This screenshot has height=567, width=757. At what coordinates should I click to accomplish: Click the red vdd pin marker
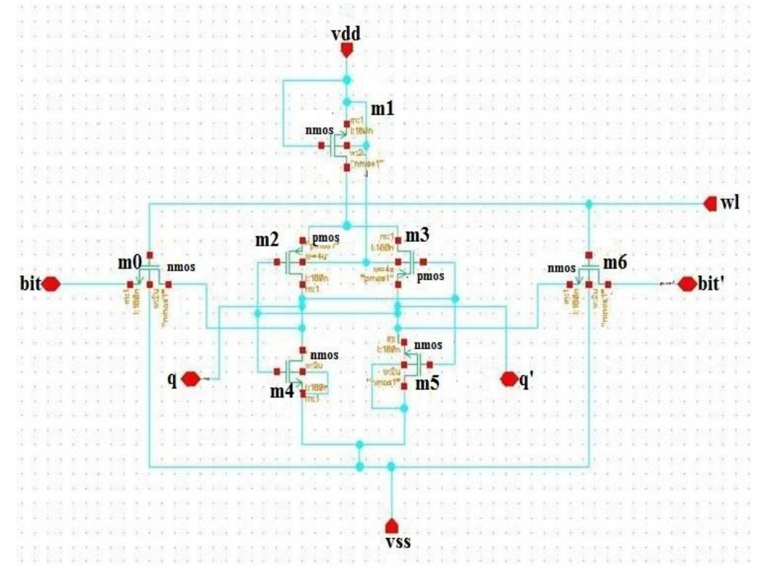(x=346, y=49)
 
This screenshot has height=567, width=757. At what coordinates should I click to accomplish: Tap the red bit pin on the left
(x=51, y=284)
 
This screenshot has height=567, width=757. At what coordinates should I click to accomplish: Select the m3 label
(x=417, y=235)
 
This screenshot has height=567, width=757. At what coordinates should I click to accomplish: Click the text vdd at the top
(x=346, y=34)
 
